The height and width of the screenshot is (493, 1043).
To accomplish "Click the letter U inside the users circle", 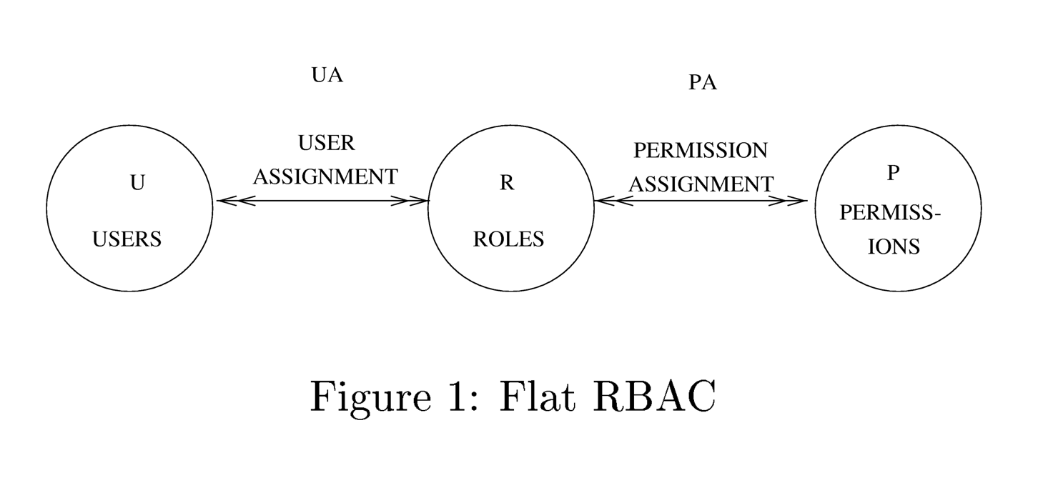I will click(x=137, y=183).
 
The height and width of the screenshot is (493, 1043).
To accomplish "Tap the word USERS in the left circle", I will click(x=127, y=239).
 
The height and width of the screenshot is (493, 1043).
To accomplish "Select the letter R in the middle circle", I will click(x=506, y=183).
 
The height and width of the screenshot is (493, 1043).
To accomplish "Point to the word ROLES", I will click(x=508, y=239).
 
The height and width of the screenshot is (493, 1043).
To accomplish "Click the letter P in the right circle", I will click(x=893, y=174).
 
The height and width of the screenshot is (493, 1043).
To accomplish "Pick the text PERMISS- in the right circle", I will click(x=890, y=213).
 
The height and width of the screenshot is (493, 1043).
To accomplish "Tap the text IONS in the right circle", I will click(x=894, y=246).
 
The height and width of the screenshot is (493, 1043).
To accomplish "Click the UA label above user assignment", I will click(x=327, y=74).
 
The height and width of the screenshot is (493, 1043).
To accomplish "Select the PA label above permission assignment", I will click(x=703, y=83).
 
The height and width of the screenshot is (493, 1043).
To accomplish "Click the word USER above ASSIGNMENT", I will click(x=327, y=143).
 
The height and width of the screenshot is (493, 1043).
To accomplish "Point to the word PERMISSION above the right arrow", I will click(x=701, y=151).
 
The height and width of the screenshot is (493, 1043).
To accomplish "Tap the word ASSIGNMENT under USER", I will click(x=325, y=176).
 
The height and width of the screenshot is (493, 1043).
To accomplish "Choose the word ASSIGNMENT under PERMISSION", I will click(x=701, y=184).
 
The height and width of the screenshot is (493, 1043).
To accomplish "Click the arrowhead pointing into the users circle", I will click(x=227, y=201).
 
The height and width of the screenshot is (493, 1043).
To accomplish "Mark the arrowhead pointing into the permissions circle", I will click(x=796, y=201).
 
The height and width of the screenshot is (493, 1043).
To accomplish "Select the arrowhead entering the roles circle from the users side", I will click(x=417, y=201).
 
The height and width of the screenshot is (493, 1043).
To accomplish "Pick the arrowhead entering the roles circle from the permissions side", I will click(x=606, y=201).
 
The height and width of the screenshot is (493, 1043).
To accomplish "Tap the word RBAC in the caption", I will click(x=653, y=396).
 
